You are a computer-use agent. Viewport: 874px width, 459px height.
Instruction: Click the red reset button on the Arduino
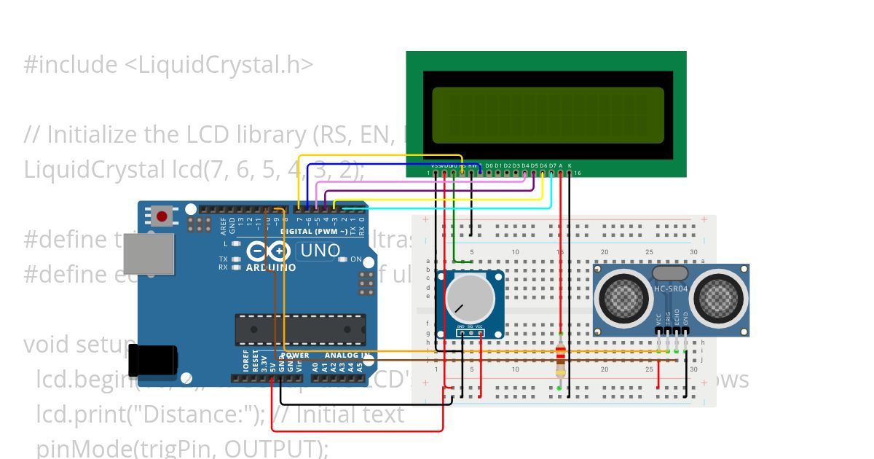pyautogui.click(x=161, y=216)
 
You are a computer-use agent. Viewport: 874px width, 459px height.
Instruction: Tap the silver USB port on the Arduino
pyautogui.click(x=149, y=254)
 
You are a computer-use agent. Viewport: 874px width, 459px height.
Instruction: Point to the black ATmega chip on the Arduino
pyautogui.click(x=299, y=329)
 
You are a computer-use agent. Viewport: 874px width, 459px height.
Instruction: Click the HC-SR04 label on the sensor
pyautogui.click(x=670, y=289)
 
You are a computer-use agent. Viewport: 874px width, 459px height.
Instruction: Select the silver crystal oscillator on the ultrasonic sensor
pyautogui.click(x=669, y=273)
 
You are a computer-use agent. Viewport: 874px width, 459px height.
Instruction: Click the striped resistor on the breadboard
pyautogui.click(x=560, y=361)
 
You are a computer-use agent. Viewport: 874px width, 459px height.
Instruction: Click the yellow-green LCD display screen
pyautogui.click(x=548, y=115)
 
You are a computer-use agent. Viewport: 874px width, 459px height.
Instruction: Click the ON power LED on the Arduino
pyautogui.click(x=344, y=259)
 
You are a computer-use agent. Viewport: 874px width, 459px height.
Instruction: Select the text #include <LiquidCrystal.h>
pyautogui.click(x=168, y=65)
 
